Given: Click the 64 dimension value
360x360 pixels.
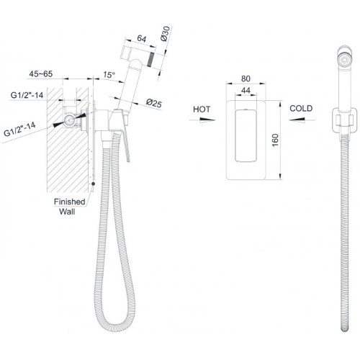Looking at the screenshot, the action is (x=142, y=38).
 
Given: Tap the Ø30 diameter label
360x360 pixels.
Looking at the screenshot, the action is (x=166, y=34).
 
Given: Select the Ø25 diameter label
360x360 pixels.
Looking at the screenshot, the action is (x=154, y=103).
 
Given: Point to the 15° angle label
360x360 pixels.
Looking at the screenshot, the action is (x=109, y=75).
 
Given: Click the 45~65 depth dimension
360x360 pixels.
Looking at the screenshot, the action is (x=41, y=74).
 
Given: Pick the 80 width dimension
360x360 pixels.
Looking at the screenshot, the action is (x=246, y=78).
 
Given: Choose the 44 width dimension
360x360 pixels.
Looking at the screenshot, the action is (x=246, y=91).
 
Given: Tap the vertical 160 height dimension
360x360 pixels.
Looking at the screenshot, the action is (x=275, y=140).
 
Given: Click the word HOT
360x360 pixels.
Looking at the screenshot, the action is (x=202, y=109).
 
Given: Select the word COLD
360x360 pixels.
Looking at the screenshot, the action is (x=301, y=109).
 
